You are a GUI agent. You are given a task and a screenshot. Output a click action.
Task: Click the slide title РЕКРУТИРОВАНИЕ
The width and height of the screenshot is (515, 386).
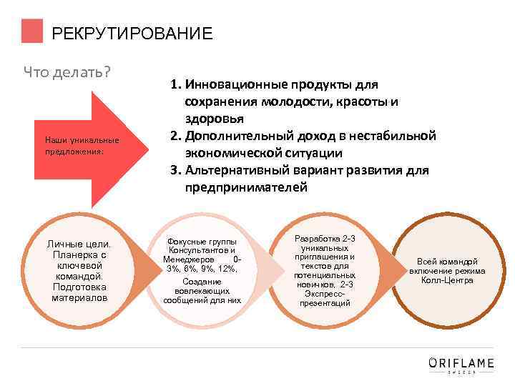[132, 34]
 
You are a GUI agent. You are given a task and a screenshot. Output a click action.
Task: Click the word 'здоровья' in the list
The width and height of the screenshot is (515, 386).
[215, 118]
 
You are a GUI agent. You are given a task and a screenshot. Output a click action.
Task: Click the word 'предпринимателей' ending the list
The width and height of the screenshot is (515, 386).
[246, 187]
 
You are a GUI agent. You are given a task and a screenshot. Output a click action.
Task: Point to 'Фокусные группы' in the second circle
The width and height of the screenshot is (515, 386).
[202, 242]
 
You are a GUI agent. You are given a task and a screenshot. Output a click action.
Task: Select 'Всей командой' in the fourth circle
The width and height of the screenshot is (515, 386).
[447, 262]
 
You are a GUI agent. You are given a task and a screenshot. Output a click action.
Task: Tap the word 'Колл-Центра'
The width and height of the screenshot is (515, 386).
[447, 280]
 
